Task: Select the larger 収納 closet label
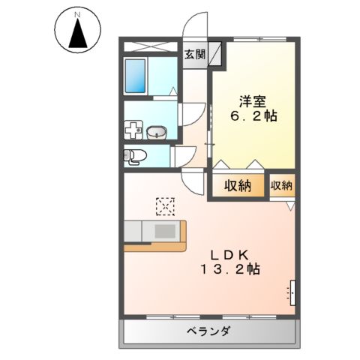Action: point(240,187)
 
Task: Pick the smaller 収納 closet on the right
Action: point(282,185)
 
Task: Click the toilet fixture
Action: point(136,157)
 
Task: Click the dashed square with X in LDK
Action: point(165,205)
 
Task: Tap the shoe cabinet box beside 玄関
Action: point(215,55)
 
